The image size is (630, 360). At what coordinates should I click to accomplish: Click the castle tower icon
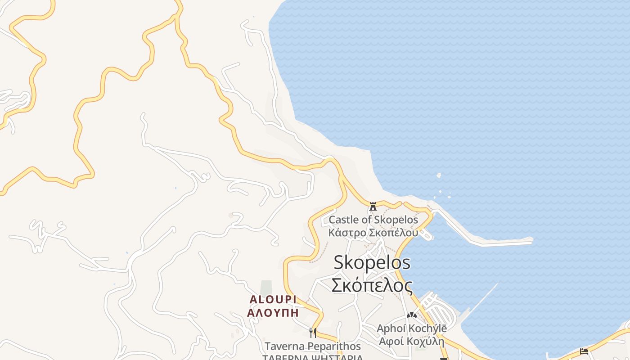click(373, 207)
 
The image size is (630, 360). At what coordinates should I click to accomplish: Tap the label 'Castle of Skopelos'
click(373, 220)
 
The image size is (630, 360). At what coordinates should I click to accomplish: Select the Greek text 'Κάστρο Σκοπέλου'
click(373, 233)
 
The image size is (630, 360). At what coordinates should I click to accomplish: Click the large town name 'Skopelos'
click(372, 263)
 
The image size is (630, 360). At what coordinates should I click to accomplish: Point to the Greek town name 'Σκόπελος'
click(372, 285)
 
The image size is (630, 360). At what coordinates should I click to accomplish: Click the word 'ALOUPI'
click(273, 300)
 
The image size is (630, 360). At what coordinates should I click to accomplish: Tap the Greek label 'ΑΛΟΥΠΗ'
click(273, 312)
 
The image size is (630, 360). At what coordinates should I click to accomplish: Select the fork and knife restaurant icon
click(312, 333)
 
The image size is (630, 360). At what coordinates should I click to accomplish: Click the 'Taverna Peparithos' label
click(312, 346)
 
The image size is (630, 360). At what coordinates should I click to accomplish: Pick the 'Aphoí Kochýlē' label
click(412, 328)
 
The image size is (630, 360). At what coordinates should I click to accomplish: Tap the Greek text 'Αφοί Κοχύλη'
click(412, 341)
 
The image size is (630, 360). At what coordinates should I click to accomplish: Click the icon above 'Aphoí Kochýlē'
click(411, 315)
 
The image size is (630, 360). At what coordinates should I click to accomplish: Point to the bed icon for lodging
click(584, 351)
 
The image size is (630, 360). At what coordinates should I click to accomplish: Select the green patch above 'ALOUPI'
click(266, 288)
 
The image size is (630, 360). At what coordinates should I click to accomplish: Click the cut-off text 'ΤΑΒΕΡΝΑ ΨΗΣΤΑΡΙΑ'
click(312, 357)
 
